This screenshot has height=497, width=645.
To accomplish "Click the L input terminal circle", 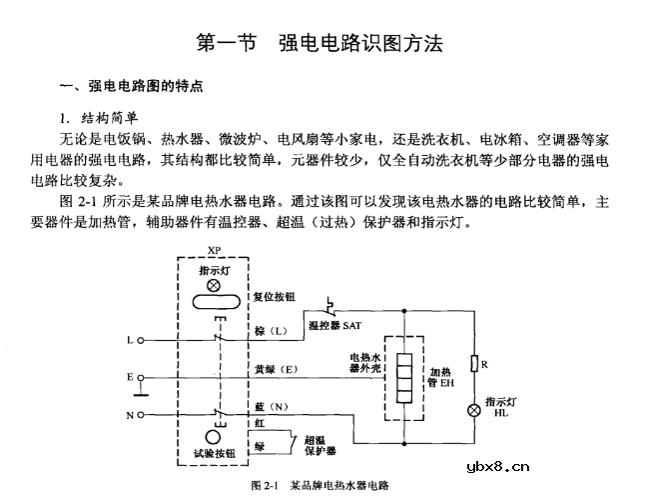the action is (x=140, y=340).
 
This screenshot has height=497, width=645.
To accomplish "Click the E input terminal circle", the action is (x=140, y=377).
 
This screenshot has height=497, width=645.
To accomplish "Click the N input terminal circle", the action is (x=140, y=415).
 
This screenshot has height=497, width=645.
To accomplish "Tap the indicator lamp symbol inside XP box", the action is (x=213, y=285).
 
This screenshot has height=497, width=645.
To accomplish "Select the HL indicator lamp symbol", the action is (x=474, y=410).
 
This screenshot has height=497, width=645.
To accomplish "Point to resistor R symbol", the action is (x=474, y=363).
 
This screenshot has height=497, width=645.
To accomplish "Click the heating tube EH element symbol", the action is (x=404, y=378).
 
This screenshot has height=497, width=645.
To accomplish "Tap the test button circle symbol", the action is (x=213, y=438).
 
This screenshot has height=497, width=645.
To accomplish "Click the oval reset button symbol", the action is (x=217, y=302).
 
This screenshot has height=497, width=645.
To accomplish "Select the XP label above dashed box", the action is (x=214, y=250).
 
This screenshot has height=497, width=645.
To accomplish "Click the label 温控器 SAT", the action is (x=334, y=326).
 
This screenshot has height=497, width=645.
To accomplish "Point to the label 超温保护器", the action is (x=321, y=445).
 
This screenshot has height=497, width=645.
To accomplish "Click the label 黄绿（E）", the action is (x=276, y=369).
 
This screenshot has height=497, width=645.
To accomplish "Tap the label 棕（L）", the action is (x=272, y=331).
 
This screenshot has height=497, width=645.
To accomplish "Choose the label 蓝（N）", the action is (x=272, y=407).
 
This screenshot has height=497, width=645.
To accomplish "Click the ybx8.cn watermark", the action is (x=498, y=467).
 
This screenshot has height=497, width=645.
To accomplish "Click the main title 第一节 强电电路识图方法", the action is (x=320, y=43).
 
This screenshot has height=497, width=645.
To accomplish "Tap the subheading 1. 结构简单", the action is (x=98, y=118).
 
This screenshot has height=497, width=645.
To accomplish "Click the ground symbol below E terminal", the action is (x=141, y=389).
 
